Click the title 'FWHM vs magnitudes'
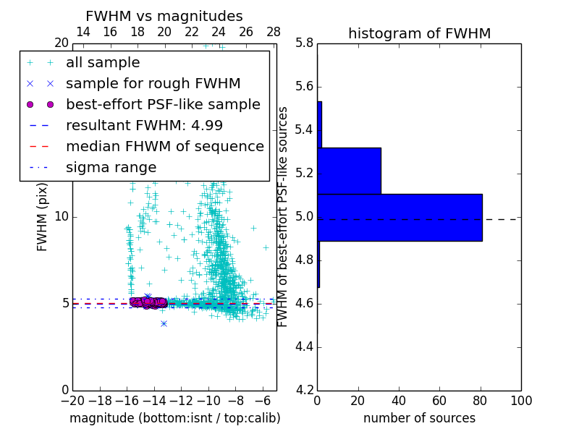tap(164, 16)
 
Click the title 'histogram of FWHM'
tap(419, 33)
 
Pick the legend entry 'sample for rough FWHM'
tap(153, 83)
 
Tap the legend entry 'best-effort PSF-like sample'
tap(163, 104)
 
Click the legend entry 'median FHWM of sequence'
tap(164, 146)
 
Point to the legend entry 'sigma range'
tap(111, 167)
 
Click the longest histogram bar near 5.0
tap(400, 217)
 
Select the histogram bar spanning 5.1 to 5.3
tap(349, 171)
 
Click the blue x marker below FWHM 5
tap(164, 323)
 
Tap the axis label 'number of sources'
tap(419, 418)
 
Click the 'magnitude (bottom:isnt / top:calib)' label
tap(174, 418)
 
